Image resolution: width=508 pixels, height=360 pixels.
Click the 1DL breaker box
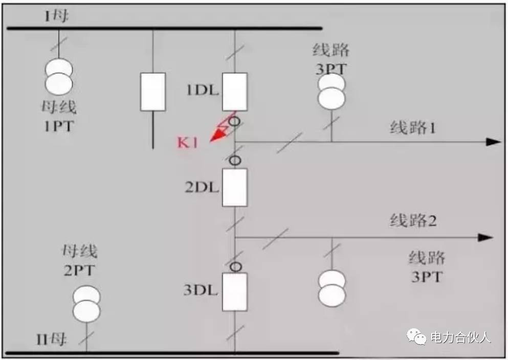(235, 92)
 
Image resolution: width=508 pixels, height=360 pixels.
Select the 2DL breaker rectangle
(235, 187)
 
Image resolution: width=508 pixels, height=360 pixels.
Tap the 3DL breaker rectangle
(235, 291)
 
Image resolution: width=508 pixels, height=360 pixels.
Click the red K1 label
(187, 143)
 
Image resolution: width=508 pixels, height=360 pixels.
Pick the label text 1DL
(203, 90)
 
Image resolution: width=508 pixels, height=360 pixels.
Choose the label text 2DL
(202, 187)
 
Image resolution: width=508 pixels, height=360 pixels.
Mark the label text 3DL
(201, 290)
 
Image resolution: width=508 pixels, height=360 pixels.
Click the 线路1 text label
(413, 127)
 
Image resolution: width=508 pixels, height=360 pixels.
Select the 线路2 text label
(413, 221)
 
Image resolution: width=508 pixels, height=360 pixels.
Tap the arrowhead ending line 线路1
(494, 142)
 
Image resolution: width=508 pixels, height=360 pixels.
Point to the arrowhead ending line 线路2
(485, 237)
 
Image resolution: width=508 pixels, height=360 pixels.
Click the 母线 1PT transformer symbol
(59, 77)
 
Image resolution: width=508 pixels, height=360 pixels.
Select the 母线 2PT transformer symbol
(86, 304)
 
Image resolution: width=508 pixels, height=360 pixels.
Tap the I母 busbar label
(56, 15)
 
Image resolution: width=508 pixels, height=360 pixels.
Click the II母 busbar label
(51, 340)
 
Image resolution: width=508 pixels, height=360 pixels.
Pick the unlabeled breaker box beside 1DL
(153, 92)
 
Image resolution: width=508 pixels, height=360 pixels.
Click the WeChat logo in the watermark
(416, 336)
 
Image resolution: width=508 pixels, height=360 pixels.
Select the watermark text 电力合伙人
(461, 337)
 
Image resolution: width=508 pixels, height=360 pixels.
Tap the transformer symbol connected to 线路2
(332, 288)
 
